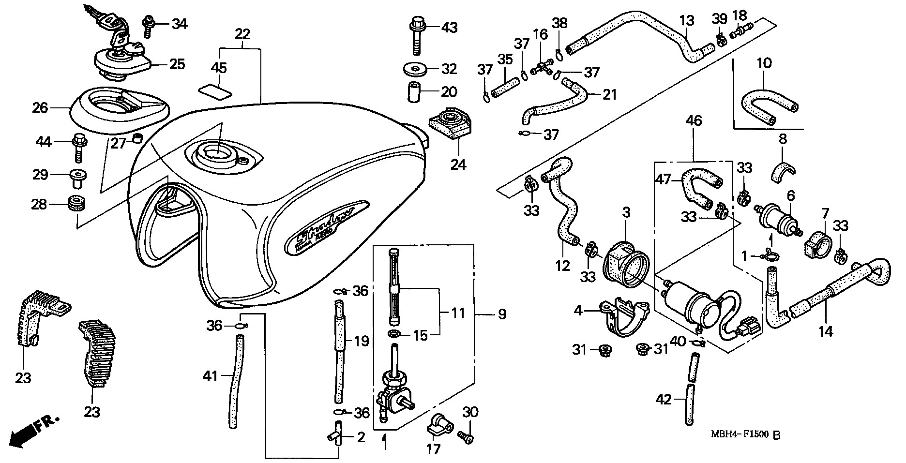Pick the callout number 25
177,64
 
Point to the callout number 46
694,121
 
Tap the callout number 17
434,449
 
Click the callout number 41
210,375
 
